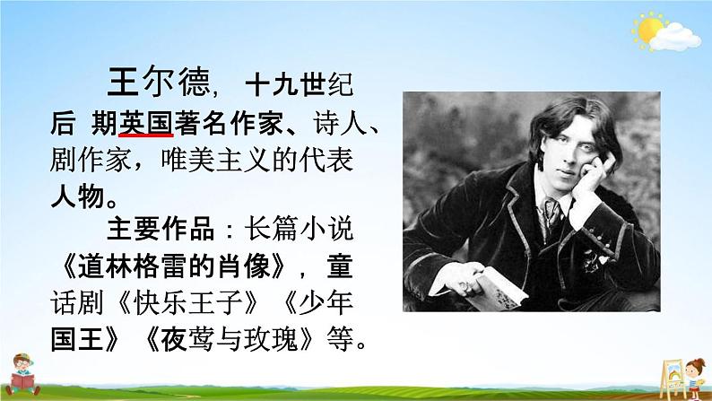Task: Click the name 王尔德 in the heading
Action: click(159, 82)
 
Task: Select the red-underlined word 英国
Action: click(145, 123)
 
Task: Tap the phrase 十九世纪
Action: click(300, 84)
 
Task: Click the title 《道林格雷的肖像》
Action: click(173, 267)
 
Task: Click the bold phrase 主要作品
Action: click(161, 230)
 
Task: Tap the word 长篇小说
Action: click(299, 230)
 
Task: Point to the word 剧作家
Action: click(91, 160)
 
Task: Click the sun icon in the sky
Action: click(649, 30)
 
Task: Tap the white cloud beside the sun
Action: click(675, 38)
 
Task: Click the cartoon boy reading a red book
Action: click(22, 375)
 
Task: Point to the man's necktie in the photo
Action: click(551, 214)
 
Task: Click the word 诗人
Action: click(340, 123)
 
